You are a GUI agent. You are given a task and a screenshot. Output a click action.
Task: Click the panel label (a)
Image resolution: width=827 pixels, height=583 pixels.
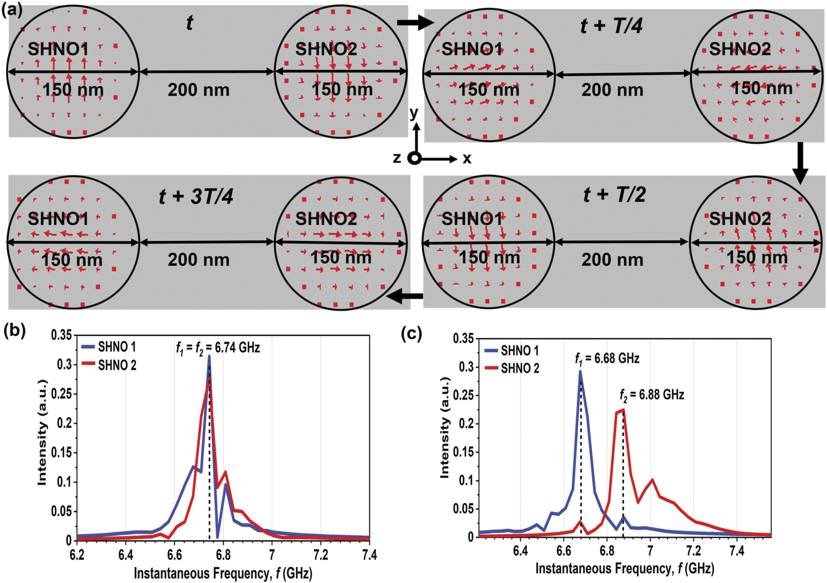(12, 9)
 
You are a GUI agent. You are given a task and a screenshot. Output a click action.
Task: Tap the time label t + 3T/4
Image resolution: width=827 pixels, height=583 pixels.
(196, 196)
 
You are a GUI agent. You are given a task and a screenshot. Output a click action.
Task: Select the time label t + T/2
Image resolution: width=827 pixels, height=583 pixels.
(614, 194)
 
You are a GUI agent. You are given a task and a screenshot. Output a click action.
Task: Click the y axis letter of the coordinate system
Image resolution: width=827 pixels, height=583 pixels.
(414, 113)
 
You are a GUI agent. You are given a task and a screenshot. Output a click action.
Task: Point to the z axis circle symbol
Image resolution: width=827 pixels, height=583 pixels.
(414, 159)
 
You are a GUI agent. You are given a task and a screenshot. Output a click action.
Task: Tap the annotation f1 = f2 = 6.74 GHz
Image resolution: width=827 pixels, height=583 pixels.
(218, 348)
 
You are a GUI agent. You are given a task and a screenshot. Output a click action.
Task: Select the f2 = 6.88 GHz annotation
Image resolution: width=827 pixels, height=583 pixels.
(652, 395)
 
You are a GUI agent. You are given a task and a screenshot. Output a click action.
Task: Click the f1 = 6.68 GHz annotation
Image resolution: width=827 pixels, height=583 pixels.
(607, 359)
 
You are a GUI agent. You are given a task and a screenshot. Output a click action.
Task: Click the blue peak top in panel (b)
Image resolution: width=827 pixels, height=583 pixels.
(209, 356)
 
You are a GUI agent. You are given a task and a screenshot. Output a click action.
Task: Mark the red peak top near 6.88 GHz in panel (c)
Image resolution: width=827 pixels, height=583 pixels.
(624, 410)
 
